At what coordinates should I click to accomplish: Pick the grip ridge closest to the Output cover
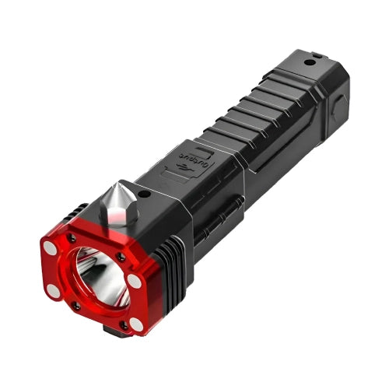226,132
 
